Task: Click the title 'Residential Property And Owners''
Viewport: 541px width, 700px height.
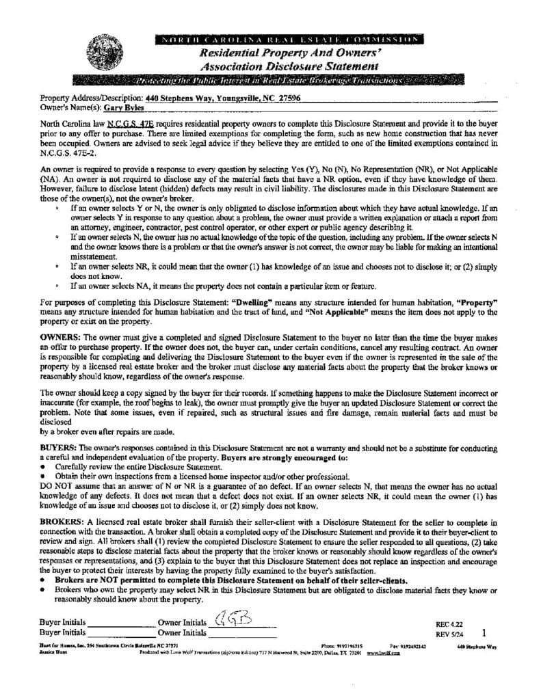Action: tap(289, 52)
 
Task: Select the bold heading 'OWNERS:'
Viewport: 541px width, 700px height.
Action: tap(61, 337)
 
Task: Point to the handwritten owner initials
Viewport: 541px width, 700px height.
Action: tap(233, 620)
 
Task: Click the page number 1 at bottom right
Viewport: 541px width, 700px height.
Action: tap(485, 633)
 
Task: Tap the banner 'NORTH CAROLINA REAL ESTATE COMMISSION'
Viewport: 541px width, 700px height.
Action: tap(290, 38)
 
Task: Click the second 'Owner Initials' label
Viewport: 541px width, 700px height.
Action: tap(182, 633)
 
